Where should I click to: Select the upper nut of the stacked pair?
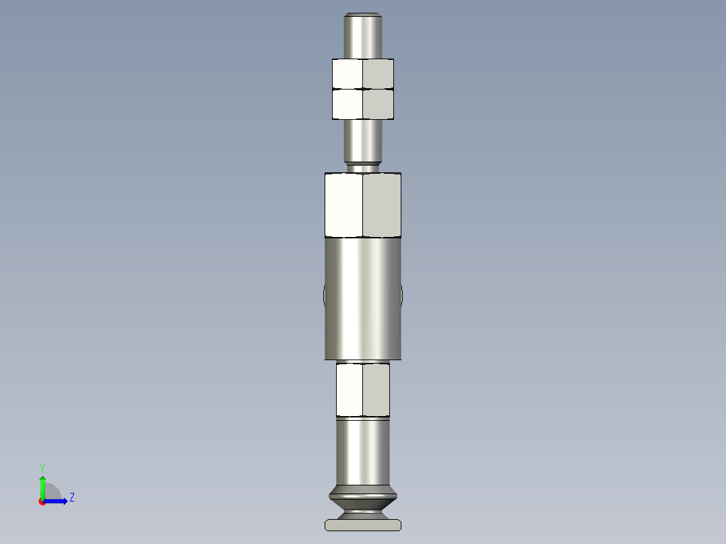click(x=363, y=73)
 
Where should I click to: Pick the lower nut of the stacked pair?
click(x=363, y=104)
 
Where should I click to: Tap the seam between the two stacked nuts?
click(x=363, y=89)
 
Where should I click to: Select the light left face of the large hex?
click(x=343, y=205)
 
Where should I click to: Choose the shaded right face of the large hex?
click(x=382, y=205)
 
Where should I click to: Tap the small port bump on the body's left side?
click(x=324, y=295)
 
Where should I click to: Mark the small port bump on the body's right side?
click(x=402, y=295)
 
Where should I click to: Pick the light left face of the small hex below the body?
click(x=350, y=390)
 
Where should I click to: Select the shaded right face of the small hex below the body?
click(x=376, y=390)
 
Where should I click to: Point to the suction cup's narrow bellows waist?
click(x=363, y=504)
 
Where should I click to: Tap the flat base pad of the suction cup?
click(x=363, y=525)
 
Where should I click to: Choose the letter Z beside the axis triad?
click(x=72, y=498)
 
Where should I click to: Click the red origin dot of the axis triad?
click(x=42, y=502)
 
